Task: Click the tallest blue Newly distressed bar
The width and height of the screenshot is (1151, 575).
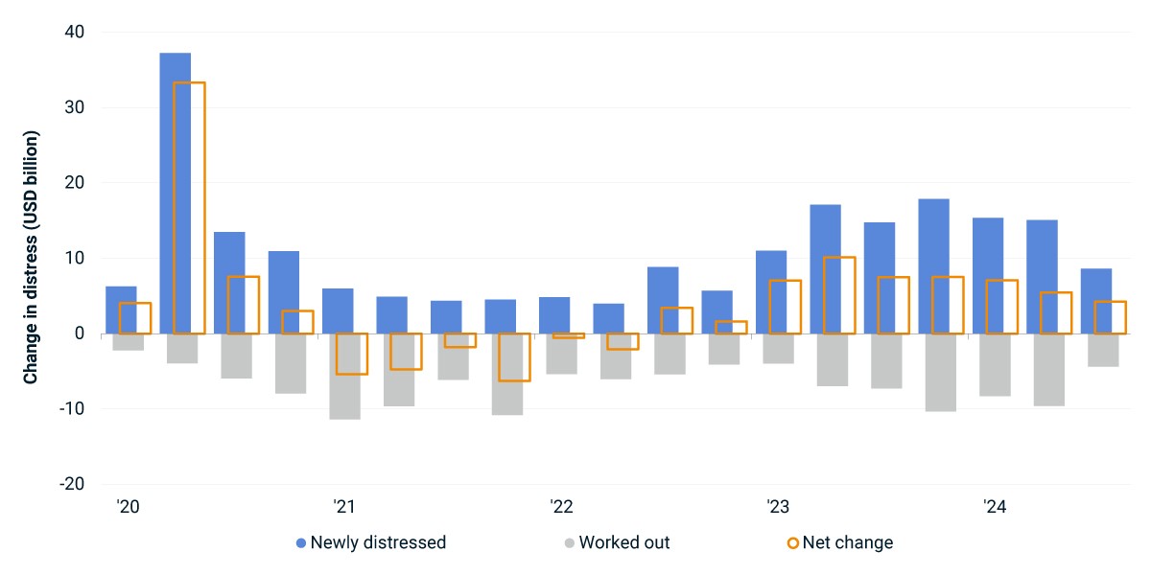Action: pos(176,193)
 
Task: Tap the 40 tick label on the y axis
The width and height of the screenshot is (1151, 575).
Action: pos(75,32)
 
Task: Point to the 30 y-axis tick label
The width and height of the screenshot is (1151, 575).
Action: pos(75,107)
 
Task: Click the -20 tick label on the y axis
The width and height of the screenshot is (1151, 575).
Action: pos(72,484)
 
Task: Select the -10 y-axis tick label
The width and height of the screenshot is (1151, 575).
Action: pos(72,408)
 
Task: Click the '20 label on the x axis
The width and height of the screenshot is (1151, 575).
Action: pos(128,507)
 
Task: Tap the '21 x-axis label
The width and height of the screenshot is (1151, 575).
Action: pos(344,507)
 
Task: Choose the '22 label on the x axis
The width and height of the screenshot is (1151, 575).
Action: pos(561,507)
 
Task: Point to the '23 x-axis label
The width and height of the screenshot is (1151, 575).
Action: pos(778,507)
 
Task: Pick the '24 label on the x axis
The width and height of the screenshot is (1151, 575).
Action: pos(995,507)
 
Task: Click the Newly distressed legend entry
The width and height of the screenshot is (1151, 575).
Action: pos(371,542)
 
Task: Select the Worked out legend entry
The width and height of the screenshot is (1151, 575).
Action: pos(617,542)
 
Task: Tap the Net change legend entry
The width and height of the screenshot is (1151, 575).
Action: pos(840,542)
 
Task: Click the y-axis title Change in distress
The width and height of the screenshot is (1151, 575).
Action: pos(31,257)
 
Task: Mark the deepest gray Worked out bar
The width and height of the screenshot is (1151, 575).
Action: pos(344,377)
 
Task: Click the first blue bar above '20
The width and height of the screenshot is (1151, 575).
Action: pos(121,310)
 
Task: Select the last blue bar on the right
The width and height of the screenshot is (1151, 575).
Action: pos(1096,301)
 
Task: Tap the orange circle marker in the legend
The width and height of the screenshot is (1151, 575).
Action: pos(793,543)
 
